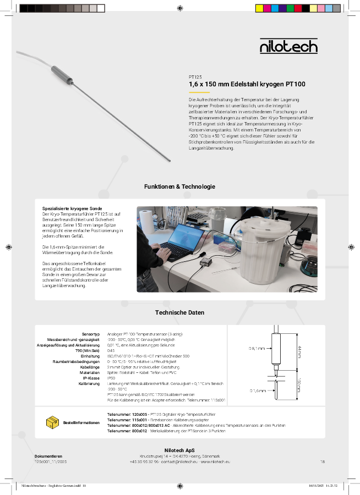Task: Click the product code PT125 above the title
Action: click(x=195, y=77)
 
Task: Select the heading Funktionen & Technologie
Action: click(x=179, y=187)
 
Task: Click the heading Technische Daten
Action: click(x=179, y=312)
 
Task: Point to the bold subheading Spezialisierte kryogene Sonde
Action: click(x=72, y=209)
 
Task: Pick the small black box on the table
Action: click(x=206, y=263)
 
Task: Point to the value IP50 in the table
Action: click(x=111, y=378)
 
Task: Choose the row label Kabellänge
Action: click(x=89, y=367)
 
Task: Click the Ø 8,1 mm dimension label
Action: click(x=257, y=348)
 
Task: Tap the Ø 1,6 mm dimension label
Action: click(x=257, y=391)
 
